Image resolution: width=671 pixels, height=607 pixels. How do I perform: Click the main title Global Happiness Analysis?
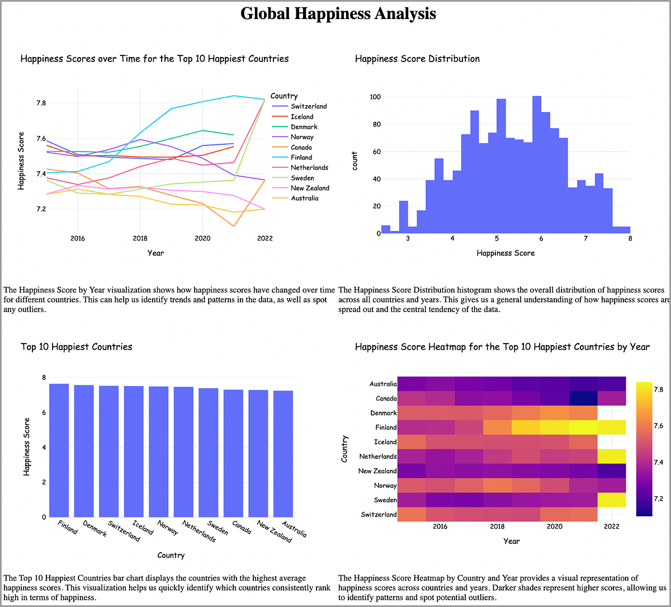pyautogui.click(x=338, y=13)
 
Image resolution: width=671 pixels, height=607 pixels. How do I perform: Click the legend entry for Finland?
pyautogui.click(x=301, y=158)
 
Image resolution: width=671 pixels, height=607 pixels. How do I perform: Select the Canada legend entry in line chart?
pyautogui.click(x=301, y=147)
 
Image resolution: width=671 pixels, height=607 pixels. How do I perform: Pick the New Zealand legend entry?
pyautogui.click(x=310, y=188)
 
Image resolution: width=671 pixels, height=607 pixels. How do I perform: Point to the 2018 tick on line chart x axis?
pyautogui.click(x=139, y=238)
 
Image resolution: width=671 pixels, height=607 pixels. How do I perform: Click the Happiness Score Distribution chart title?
pyautogui.click(x=417, y=59)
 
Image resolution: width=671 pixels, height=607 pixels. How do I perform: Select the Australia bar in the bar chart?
pyautogui.click(x=283, y=454)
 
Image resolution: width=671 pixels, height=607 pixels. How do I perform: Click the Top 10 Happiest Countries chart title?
pyautogui.click(x=77, y=347)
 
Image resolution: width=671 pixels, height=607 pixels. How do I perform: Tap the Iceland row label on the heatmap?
pyautogui.click(x=385, y=442)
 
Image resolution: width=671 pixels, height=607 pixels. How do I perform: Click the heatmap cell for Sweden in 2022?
pyautogui.click(x=612, y=500)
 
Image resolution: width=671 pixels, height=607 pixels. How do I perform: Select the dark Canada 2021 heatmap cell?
pyautogui.click(x=583, y=398)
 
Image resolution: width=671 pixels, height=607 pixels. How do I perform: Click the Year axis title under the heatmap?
pyautogui.click(x=511, y=541)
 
